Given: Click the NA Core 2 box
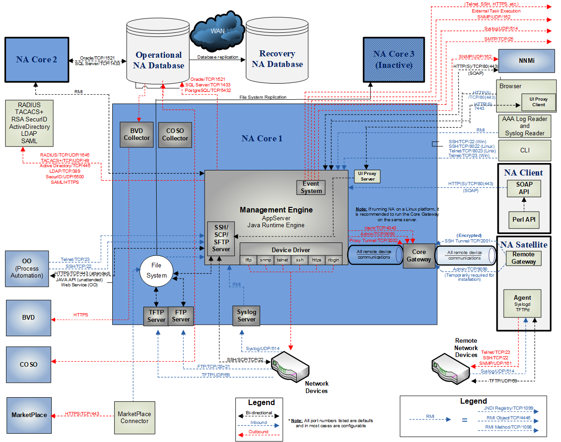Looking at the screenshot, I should [x=37, y=60].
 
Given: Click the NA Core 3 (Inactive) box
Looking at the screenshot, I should [x=394, y=60].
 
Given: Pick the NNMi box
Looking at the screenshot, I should [x=524, y=61].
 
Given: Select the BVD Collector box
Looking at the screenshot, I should [x=137, y=134].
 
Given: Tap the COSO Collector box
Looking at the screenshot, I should [x=175, y=134].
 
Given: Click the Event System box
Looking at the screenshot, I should [x=311, y=187].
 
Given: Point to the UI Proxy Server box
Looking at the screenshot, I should [x=367, y=176].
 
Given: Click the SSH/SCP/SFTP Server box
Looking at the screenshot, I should [x=221, y=238].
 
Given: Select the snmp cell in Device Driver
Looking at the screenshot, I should [x=265, y=260].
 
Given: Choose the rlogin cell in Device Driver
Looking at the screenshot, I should [x=333, y=260].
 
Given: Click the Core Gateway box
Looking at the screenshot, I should [x=419, y=255].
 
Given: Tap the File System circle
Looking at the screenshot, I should [x=157, y=270].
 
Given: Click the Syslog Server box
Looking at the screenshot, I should [x=246, y=315].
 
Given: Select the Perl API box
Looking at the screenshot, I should [x=524, y=219].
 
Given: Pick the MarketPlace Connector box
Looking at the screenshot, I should [x=134, y=418].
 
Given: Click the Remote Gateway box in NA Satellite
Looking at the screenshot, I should [x=524, y=258].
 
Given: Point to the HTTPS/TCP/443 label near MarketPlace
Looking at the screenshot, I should [x=82, y=413].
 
